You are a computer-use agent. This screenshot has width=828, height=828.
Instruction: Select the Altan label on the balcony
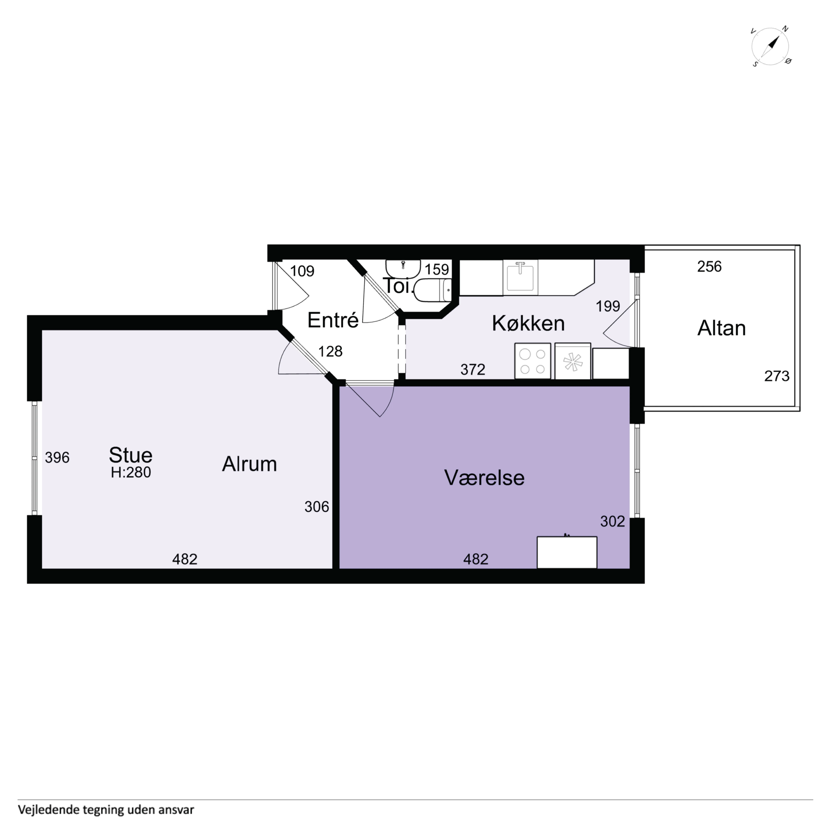(722, 328)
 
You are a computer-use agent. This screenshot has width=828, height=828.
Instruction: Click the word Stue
(131, 455)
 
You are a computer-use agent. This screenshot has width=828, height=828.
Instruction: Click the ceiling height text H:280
(131, 472)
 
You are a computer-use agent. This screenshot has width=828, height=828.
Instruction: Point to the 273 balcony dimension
(777, 376)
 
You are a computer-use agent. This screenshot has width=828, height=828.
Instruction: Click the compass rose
(771, 46)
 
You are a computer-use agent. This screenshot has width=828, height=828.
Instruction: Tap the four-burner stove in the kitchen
(533, 361)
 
